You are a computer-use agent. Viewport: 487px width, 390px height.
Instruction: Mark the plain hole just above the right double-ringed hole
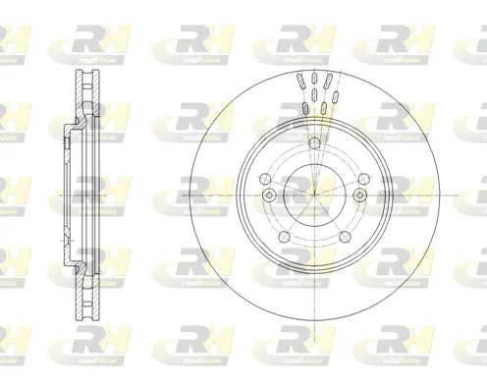coord(362,178)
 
